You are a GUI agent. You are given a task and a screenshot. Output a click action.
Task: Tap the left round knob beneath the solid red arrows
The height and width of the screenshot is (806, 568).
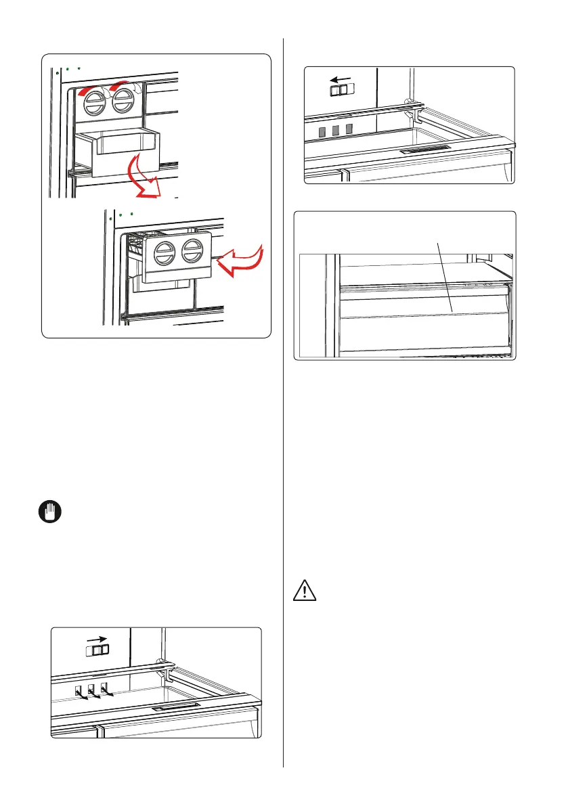point(93,105)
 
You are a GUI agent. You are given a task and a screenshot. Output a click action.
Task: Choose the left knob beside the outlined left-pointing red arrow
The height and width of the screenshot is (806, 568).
point(165,254)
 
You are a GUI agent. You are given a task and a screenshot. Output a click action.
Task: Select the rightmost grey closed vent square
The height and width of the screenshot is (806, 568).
point(349,127)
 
